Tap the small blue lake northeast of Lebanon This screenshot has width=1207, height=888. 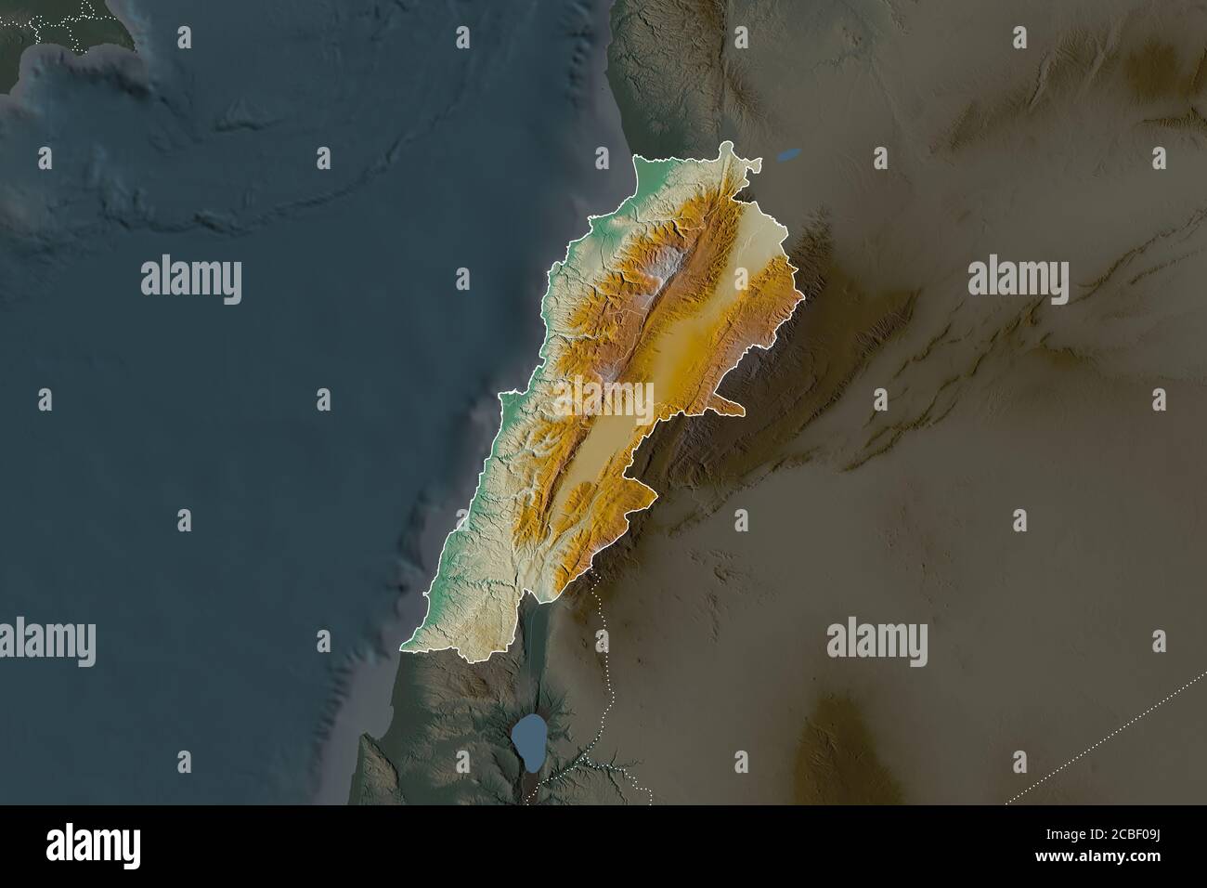(x=789, y=156)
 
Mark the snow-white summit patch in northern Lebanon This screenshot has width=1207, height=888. (x=665, y=263)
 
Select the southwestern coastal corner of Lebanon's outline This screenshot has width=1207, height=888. (x=405, y=642)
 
